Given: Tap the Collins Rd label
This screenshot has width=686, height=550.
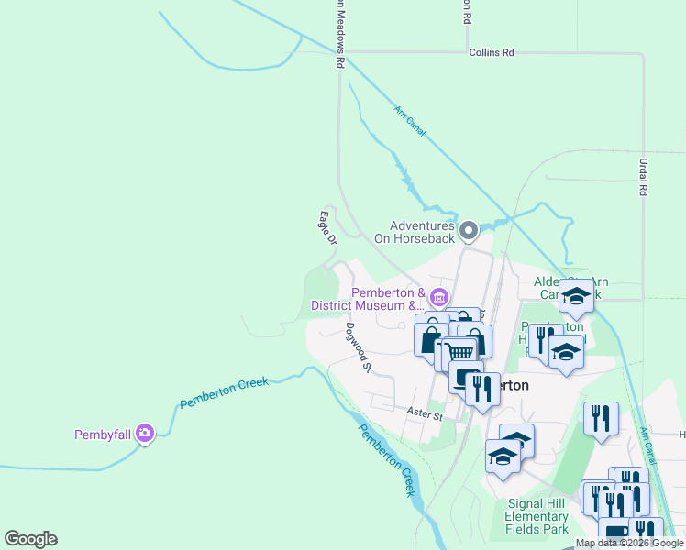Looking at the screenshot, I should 491,53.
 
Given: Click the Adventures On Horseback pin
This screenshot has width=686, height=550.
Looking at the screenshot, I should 469,230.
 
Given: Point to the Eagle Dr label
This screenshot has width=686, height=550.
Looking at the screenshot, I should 326,227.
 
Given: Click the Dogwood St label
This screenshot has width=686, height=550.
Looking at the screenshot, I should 357,347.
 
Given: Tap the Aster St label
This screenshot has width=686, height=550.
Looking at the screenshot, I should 426,415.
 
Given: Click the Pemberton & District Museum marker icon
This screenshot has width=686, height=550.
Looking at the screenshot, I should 438,297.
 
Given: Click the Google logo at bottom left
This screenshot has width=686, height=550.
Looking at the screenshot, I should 30,539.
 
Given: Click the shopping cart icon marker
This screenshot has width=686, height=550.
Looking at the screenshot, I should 460,351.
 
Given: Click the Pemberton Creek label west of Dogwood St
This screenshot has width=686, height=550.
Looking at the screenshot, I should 224,392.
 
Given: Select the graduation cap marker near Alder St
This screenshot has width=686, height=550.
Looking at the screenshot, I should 576,295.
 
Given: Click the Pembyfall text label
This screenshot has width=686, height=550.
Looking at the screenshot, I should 103,434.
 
